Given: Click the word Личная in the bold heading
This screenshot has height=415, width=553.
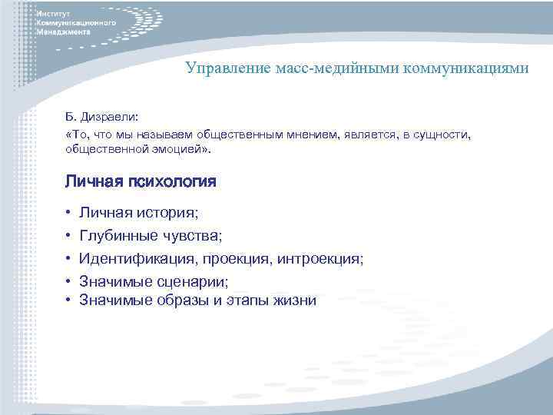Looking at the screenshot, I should [92, 182].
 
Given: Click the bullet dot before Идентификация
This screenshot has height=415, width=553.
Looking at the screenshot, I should [68, 260].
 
